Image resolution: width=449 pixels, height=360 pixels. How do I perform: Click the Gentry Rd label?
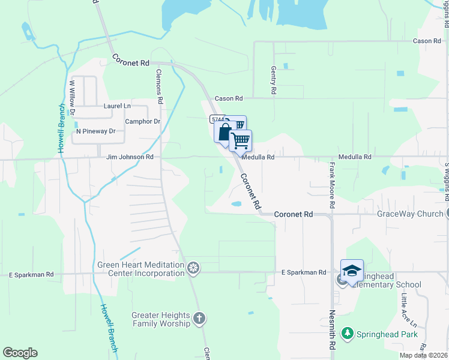coord(273,80)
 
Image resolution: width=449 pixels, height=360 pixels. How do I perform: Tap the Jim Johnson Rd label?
coord(130,157)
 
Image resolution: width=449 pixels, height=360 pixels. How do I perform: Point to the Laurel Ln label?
coord(117,106)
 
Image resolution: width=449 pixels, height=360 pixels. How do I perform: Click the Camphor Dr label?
coord(142,121)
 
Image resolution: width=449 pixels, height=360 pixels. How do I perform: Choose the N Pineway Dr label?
coord(95,131)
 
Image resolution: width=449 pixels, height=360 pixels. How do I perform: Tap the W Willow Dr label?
coord(71,98)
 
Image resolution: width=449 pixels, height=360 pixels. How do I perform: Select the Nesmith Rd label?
coord(331,331)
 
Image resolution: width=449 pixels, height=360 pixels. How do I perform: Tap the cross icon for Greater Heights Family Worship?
coord(199,318)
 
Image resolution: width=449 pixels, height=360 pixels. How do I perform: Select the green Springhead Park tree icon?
coord(347,333)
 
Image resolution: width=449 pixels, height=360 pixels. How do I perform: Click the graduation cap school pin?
coord(352,271)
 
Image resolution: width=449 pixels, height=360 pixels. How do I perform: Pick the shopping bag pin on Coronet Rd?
coord(224,132)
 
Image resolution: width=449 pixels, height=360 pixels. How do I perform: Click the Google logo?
coord(20,353)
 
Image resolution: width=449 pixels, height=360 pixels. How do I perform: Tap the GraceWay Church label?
coord(409,214)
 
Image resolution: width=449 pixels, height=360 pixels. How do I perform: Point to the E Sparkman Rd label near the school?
coord(303,272)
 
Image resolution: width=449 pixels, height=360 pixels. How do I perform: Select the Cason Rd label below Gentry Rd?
coord(229,98)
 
